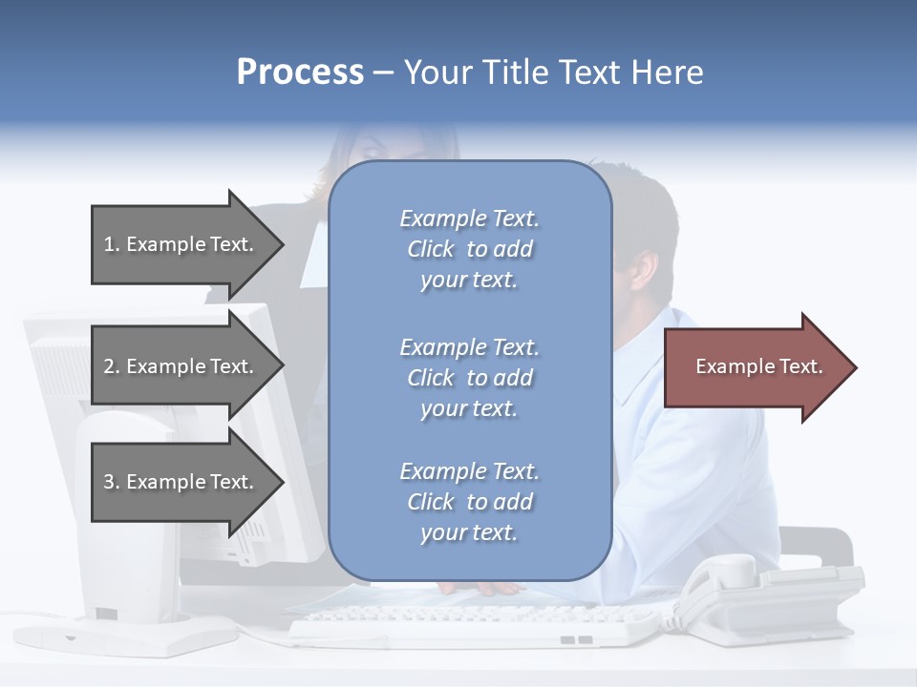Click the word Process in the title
[x=300, y=73]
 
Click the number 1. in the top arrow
[x=112, y=244]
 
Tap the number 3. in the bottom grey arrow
[x=112, y=482]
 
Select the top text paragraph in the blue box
[x=469, y=249]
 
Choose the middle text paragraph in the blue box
[x=469, y=378]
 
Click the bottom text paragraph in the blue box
[x=469, y=502]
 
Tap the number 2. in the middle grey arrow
[x=112, y=366]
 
